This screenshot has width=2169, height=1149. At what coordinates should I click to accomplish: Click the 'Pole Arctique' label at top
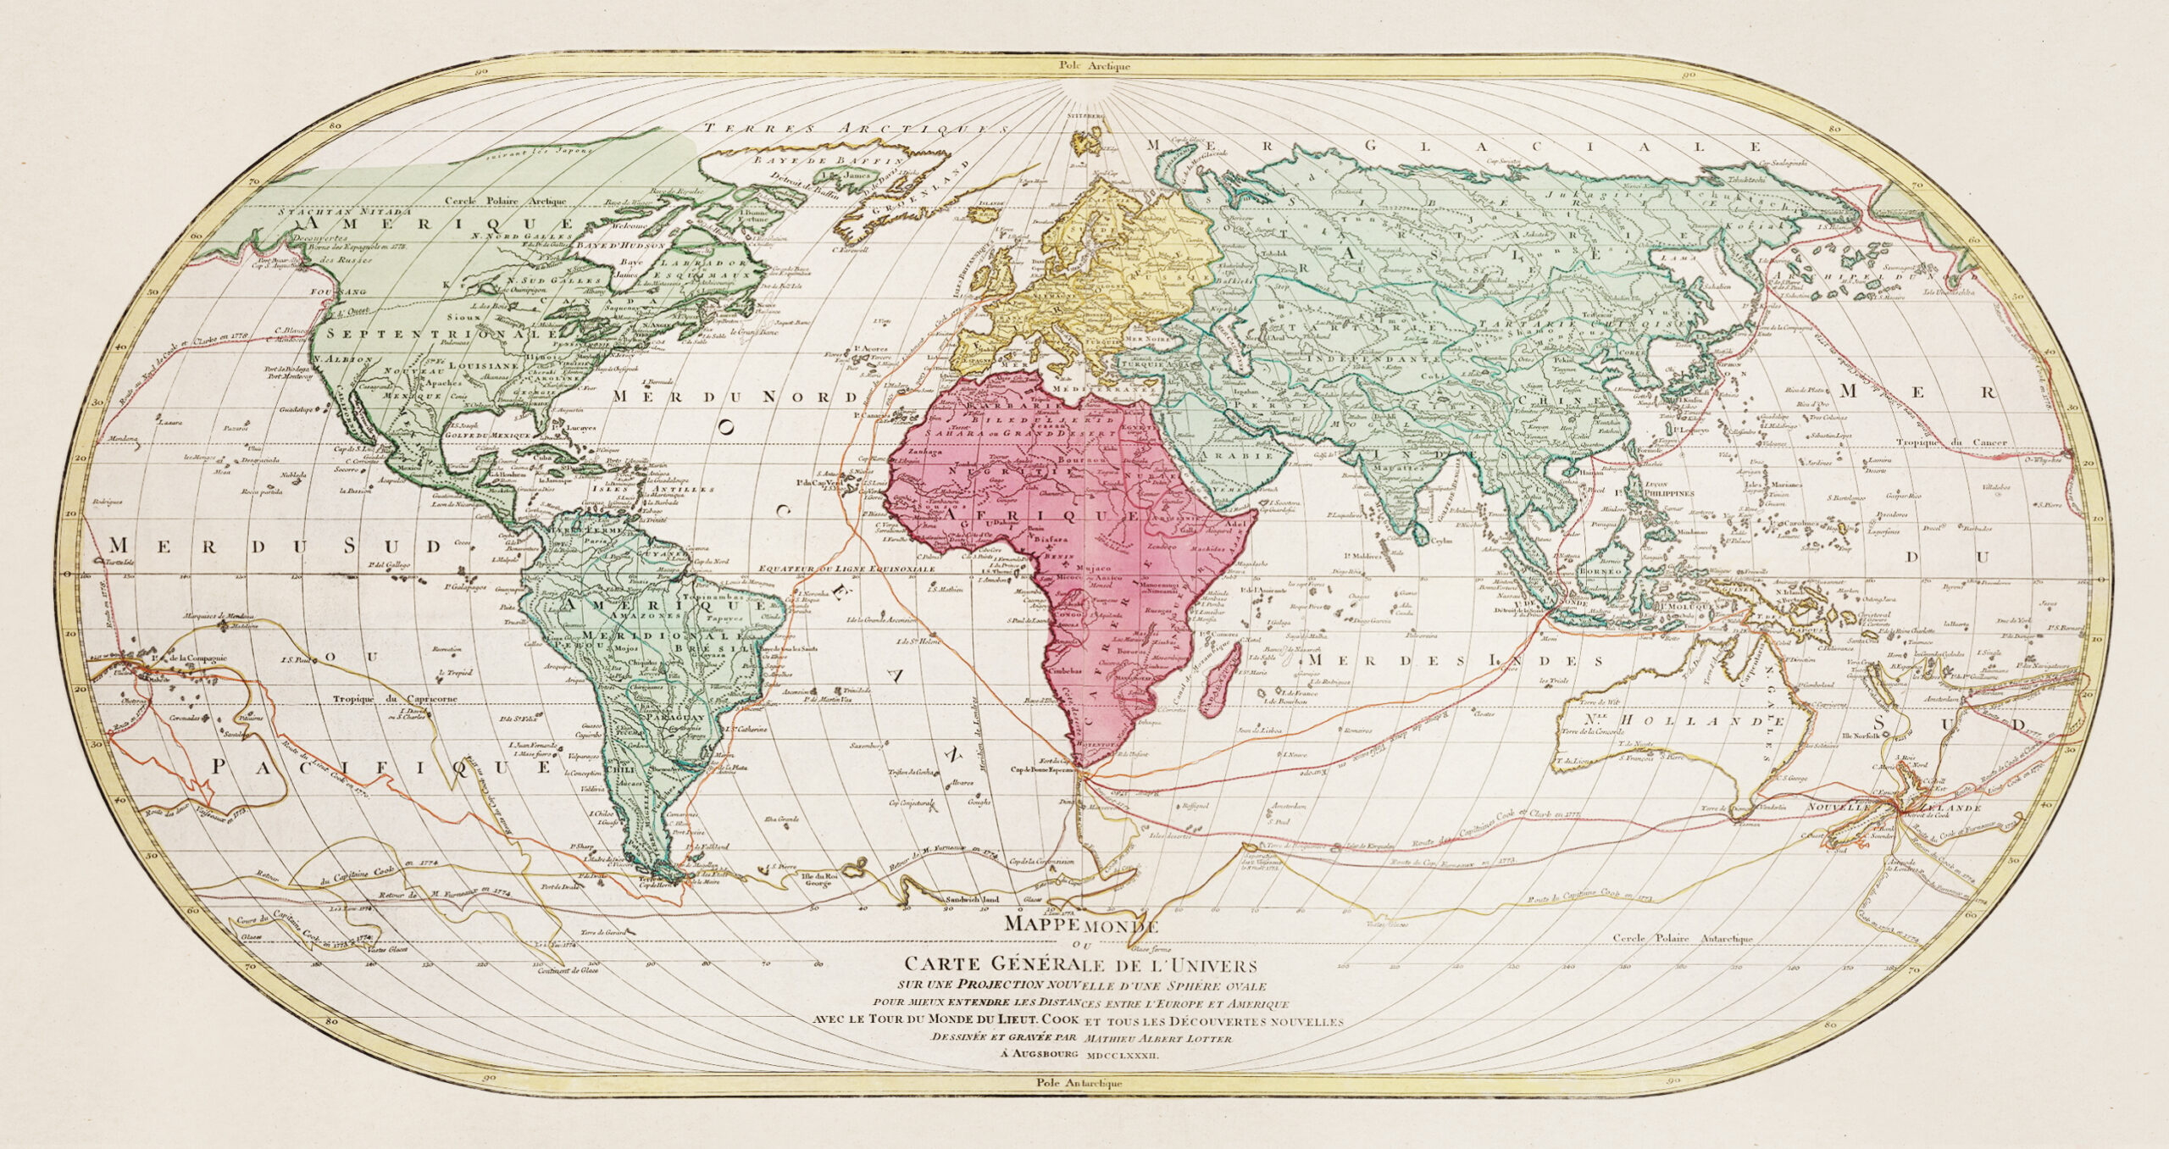click(1087, 64)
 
